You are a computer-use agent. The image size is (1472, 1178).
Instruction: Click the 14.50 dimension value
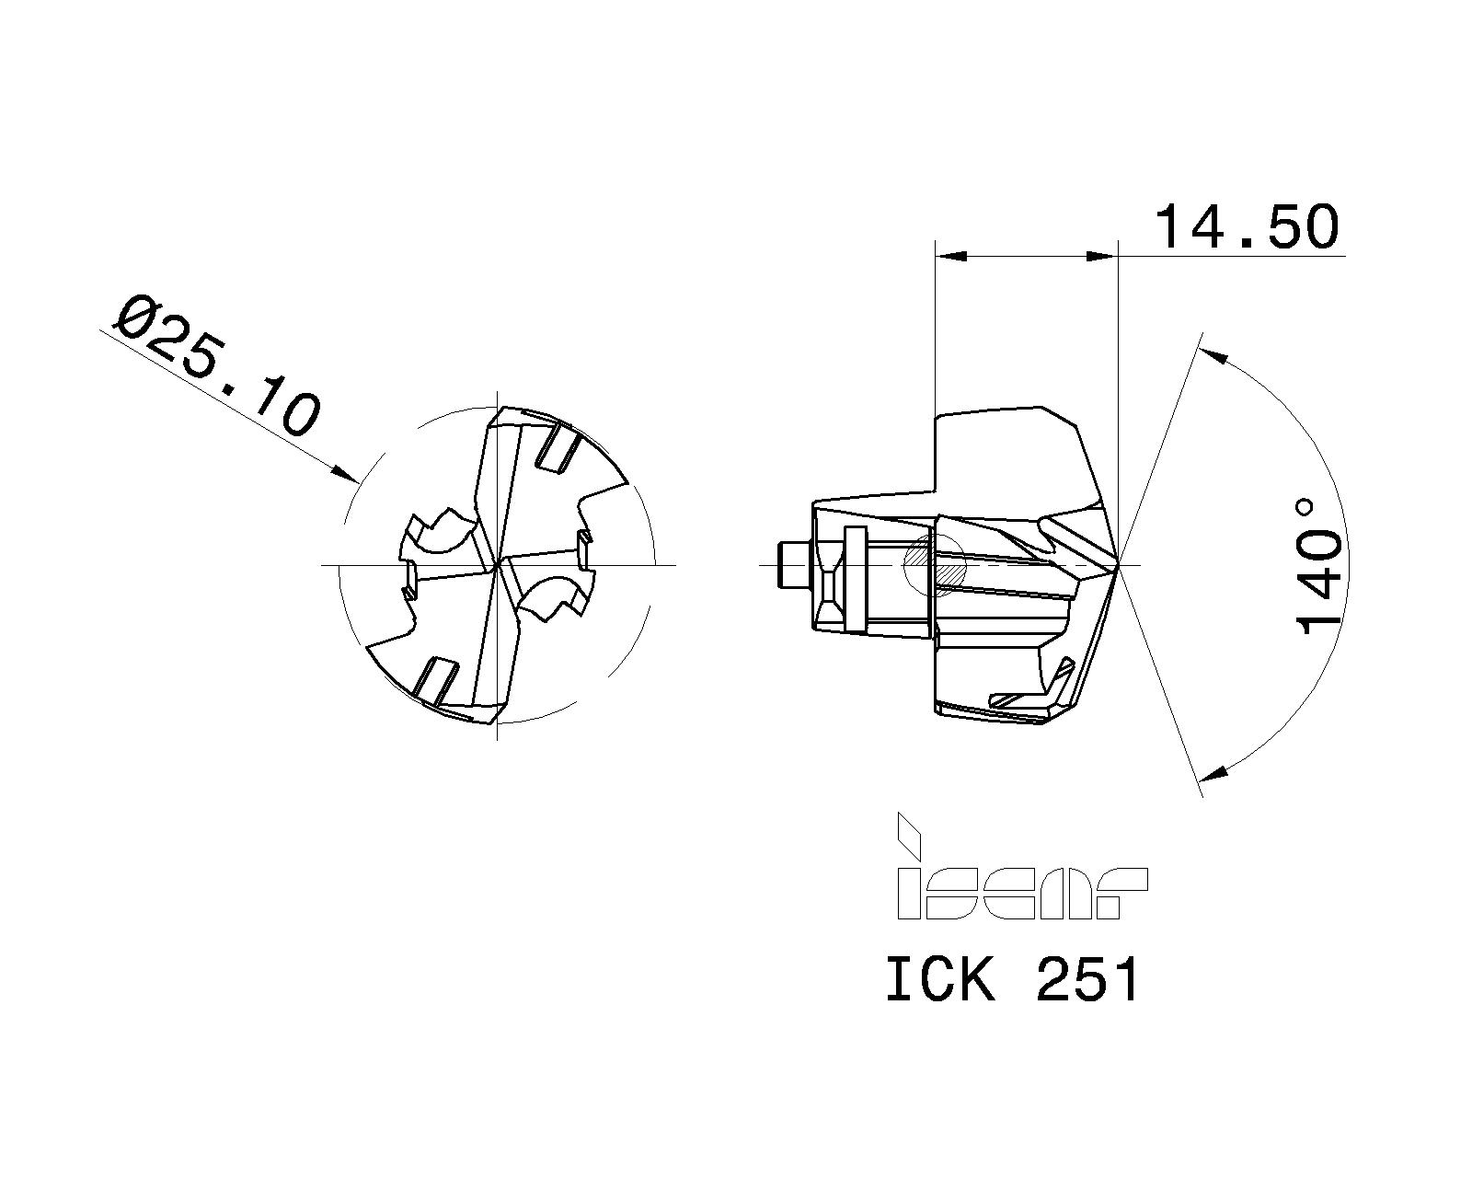[x=1248, y=227]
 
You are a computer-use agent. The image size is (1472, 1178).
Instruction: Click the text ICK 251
[x=1012, y=979]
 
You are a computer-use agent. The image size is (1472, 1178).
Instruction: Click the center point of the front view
[x=497, y=564]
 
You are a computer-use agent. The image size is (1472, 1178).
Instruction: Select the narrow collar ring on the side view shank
[x=855, y=580]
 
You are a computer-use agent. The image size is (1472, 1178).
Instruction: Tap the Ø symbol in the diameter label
[x=138, y=318]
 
